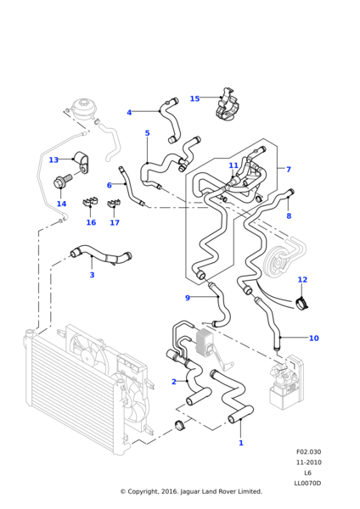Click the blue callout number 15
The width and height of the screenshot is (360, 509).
coord(194,98)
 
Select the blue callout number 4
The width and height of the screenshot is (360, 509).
coord(129,112)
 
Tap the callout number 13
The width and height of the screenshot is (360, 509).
coord(53,159)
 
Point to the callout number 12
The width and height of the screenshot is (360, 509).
coord(302,279)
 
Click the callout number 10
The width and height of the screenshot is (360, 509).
coord(313,338)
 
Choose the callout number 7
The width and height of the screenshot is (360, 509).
coord(288,169)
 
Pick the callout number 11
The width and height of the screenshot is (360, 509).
coord(233,165)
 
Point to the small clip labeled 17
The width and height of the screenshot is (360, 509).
coord(114,203)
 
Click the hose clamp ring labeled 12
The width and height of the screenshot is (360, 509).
coord(303,303)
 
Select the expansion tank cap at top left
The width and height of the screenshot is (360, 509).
coord(83,107)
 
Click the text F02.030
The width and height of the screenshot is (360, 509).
coord(308,452)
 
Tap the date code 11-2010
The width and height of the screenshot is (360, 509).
coord(308,462)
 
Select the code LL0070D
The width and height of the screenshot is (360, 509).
coord(307,484)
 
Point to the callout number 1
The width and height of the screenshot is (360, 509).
coord(241,443)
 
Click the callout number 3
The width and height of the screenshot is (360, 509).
coord(92,275)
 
